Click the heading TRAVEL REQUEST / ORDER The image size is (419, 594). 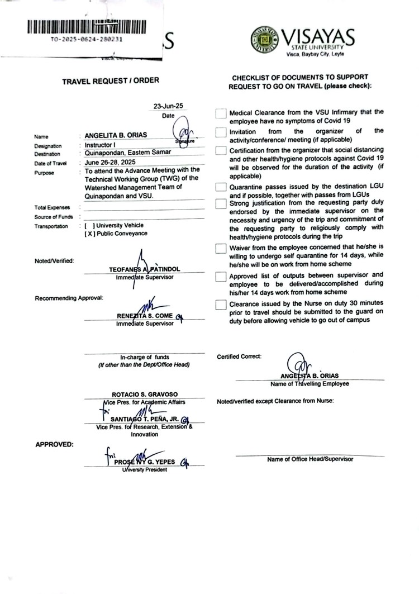point(110,80)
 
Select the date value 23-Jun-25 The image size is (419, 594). point(164,106)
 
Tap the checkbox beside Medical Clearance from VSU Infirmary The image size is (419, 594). point(221,114)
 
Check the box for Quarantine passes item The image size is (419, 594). point(221,187)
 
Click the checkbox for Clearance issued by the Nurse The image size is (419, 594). point(221,305)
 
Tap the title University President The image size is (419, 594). point(145,469)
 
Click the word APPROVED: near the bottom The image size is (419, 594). point(54,445)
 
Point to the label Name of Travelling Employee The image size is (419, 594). point(310,384)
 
